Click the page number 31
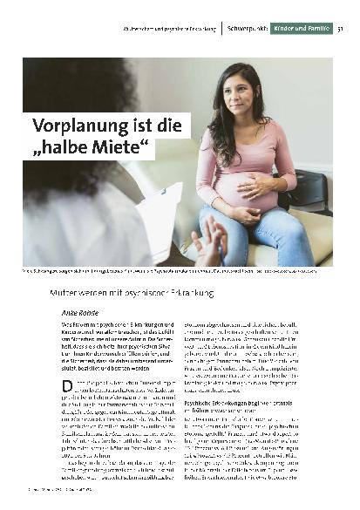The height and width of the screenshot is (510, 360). [x=339, y=29]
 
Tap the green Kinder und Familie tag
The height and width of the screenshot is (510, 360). [x=301, y=29]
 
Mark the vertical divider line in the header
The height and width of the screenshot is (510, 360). [x=221, y=29]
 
